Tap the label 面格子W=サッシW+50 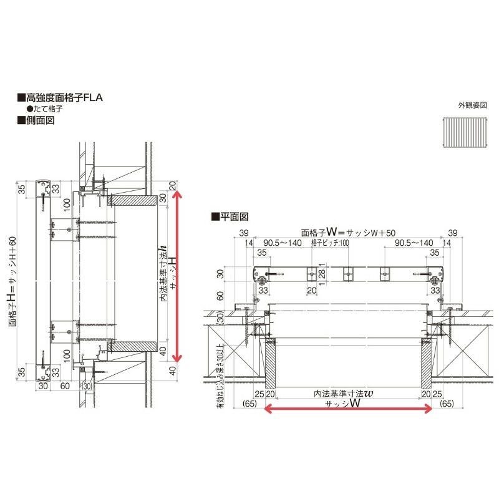pyautogui.click(x=348, y=233)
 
